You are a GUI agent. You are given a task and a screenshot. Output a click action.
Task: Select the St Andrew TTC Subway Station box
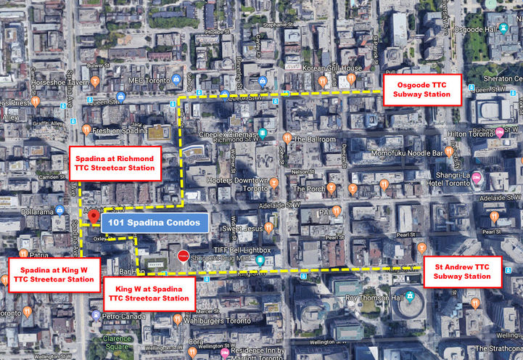(x=462, y=271)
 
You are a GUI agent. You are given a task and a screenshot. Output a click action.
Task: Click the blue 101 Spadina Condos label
(x=155, y=223)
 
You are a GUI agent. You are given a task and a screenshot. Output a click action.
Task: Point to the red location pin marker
(x=93, y=217)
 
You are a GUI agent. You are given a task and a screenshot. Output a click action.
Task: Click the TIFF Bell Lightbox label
(x=241, y=250)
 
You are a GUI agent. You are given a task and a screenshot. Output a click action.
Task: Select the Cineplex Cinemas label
(x=232, y=134)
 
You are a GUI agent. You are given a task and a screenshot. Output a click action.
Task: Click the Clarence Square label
(x=117, y=343)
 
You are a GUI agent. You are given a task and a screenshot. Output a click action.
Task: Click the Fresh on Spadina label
(x=116, y=131)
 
